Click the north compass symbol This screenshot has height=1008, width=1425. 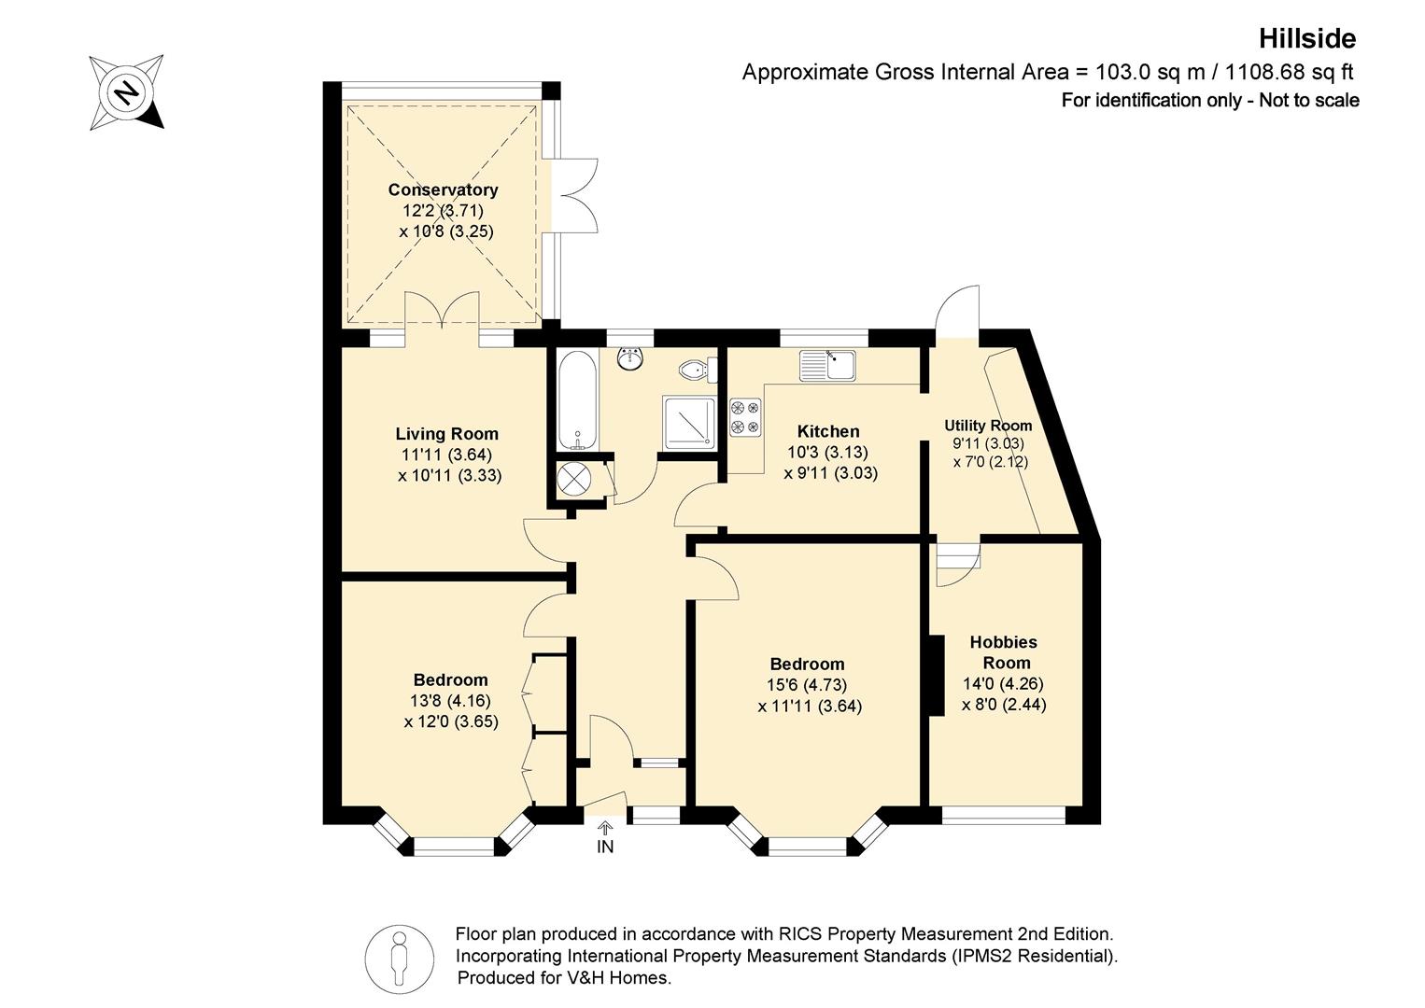pyautogui.click(x=127, y=92)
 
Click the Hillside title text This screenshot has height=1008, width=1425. pyautogui.click(x=1307, y=39)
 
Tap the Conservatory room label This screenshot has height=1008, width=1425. pyautogui.click(x=443, y=189)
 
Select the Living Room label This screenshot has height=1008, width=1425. pyautogui.click(x=446, y=434)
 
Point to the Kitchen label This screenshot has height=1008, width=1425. pyautogui.click(x=828, y=431)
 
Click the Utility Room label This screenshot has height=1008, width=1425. pyautogui.click(x=988, y=425)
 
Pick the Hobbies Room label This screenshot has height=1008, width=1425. pyautogui.click(x=1004, y=652)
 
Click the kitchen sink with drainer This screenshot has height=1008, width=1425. pyautogui.click(x=827, y=365)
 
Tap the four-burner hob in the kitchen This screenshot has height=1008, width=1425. pyautogui.click(x=745, y=417)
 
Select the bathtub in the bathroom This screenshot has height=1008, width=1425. pyautogui.click(x=578, y=400)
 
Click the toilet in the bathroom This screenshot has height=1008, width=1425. pyautogui.click(x=698, y=370)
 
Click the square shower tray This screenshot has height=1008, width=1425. pyautogui.click(x=689, y=422)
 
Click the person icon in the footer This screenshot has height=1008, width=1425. pyautogui.click(x=400, y=959)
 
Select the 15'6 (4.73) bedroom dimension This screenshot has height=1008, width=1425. pyautogui.click(x=807, y=685)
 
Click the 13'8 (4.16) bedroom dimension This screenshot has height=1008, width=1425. pyautogui.click(x=450, y=701)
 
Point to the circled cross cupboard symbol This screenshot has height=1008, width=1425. pyautogui.click(x=573, y=480)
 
